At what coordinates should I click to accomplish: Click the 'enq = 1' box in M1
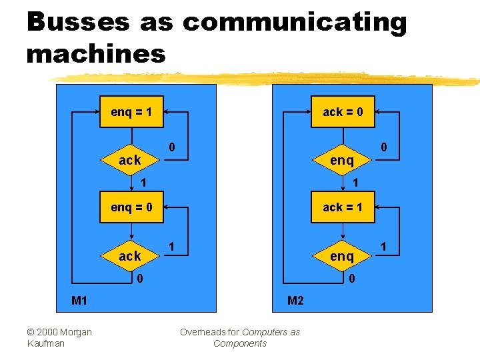[x=131, y=112]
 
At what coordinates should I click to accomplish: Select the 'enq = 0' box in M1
[x=131, y=207]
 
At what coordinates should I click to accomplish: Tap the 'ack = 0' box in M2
[x=343, y=112]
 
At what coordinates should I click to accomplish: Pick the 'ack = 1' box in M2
[x=343, y=207]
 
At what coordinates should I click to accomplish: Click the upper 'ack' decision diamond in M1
[x=130, y=160]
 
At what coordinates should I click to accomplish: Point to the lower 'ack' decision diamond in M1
[x=130, y=256]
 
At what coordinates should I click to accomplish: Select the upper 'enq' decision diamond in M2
[x=342, y=160]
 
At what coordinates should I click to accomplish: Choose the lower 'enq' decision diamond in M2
[x=342, y=256]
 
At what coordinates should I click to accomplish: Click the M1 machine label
[x=79, y=301]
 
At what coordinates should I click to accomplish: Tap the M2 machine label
[x=295, y=301]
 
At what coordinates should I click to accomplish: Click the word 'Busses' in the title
[x=78, y=22]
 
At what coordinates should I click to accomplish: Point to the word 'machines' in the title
[x=95, y=53]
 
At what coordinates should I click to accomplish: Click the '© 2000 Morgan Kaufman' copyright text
[x=59, y=337]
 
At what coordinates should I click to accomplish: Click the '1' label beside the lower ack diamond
[x=171, y=247]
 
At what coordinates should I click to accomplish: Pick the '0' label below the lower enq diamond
[x=352, y=278]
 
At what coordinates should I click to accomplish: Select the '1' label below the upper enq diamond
[x=355, y=182]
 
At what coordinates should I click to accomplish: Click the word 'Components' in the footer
[x=240, y=343]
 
